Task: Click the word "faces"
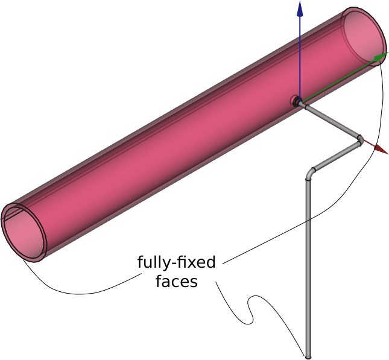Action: tap(176, 281)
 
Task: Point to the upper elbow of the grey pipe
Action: tap(359, 140)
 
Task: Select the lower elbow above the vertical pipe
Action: tap(310, 173)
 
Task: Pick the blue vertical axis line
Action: tap(299, 54)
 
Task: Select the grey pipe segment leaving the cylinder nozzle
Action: tap(329, 121)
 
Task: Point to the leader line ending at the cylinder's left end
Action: tap(72, 292)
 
